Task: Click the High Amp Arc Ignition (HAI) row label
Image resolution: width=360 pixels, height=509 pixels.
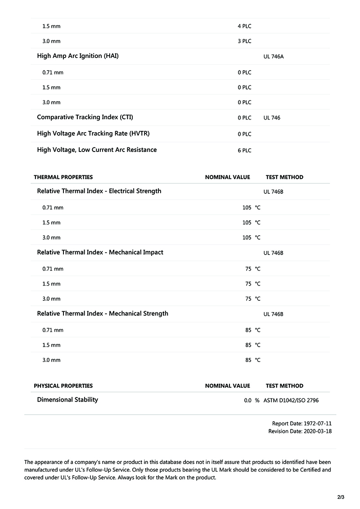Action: tap(78, 56)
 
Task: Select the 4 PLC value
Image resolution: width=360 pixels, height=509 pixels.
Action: tap(244, 26)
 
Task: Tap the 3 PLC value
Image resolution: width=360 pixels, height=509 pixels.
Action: tap(244, 41)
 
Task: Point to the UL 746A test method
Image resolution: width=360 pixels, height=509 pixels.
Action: tap(274, 57)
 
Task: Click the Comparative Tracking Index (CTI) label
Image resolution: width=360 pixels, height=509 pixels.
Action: tap(85, 117)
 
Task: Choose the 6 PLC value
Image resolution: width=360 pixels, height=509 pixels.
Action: tap(244, 151)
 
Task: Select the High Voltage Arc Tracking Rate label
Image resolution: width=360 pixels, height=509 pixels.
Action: tap(93, 134)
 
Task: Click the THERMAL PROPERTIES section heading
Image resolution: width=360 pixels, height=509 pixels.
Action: tap(63, 177)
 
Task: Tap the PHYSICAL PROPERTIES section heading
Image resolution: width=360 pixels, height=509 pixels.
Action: tap(63, 386)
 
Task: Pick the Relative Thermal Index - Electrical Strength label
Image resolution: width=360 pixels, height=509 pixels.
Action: tap(99, 191)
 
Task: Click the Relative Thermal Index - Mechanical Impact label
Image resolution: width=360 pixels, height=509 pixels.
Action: tap(100, 252)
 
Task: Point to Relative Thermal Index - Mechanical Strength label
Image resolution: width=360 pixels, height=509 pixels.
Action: tap(103, 313)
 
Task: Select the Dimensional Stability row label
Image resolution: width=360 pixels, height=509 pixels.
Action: tap(67, 400)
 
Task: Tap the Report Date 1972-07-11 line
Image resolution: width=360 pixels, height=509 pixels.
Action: tap(301, 424)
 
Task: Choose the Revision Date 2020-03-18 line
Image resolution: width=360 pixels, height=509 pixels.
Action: tap(300, 431)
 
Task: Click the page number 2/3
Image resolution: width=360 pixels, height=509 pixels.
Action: tap(341, 497)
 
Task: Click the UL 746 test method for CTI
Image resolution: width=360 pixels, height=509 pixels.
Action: tap(272, 118)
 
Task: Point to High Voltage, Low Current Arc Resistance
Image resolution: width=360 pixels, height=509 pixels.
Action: tap(97, 150)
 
